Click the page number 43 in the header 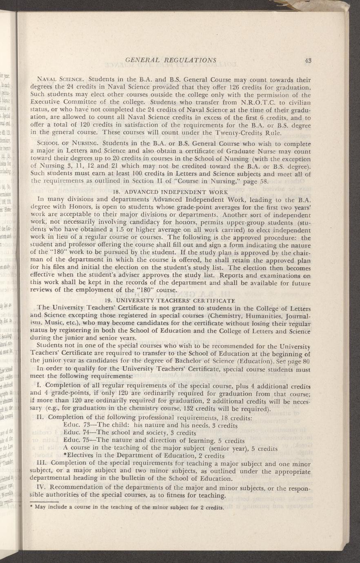click(308, 60)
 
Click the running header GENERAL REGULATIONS click(171, 60)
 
